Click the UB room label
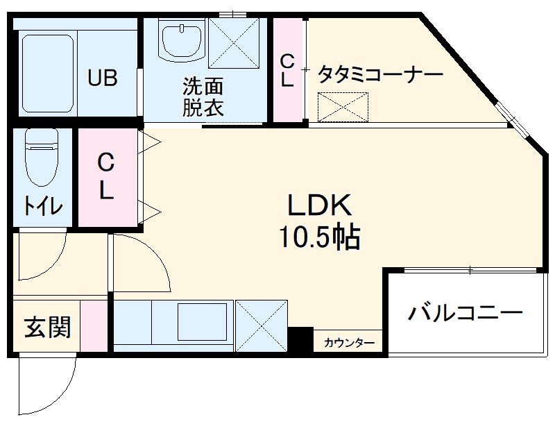pos(102,78)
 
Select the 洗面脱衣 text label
pos(203,97)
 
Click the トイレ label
pos(43,206)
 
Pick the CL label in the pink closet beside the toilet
pos(105,176)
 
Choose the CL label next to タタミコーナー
pos(287,70)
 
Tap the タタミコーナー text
pos(380,74)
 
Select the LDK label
pos(321,205)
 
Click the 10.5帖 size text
pos(320,238)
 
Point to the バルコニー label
pos(465,314)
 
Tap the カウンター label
pos(350,343)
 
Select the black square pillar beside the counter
pos(300,339)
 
